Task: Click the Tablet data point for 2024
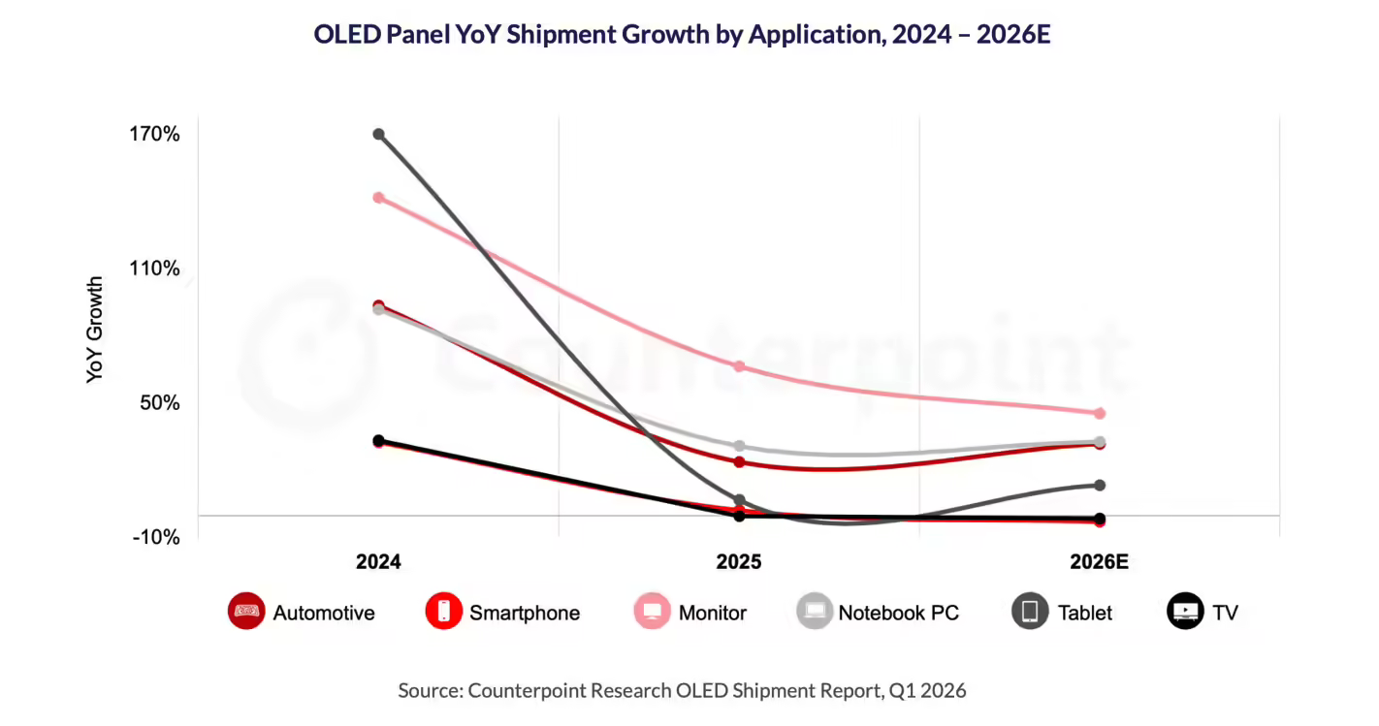click(378, 134)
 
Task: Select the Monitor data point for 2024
click(378, 198)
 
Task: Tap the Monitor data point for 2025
click(739, 366)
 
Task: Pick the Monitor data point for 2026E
click(1100, 413)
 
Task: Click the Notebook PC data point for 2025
click(739, 446)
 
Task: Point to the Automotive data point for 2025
click(739, 461)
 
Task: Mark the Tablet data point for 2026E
click(1100, 485)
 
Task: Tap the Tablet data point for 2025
click(739, 500)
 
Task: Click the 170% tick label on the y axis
click(156, 134)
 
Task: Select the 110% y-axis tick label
click(156, 268)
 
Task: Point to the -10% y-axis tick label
click(156, 537)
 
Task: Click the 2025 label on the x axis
click(739, 562)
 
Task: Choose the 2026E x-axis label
click(1100, 562)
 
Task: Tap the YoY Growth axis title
click(94, 330)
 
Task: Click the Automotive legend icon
click(246, 612)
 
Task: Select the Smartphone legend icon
click(443, 612)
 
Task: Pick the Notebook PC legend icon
click(815, 612)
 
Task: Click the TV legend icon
click(1185, 612)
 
